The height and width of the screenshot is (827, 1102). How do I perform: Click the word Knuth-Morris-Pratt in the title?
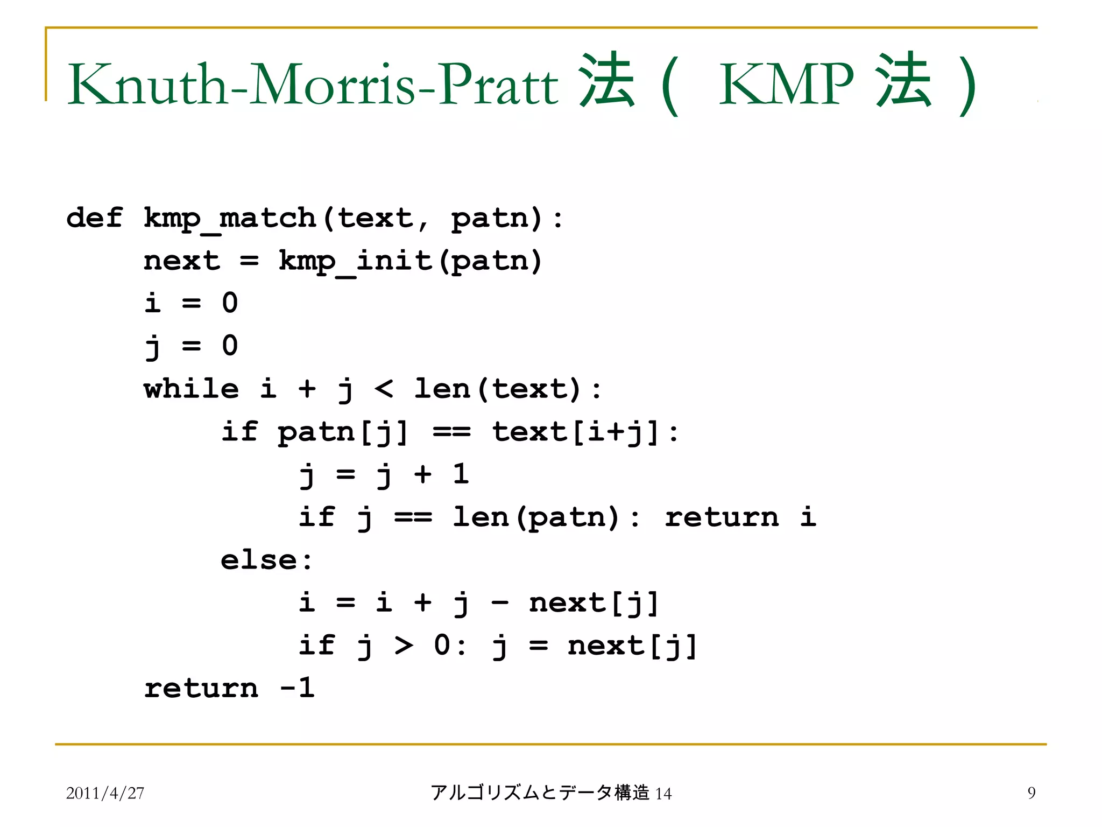[x=313, y=85]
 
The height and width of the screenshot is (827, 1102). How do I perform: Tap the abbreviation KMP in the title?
[x=786, y=85]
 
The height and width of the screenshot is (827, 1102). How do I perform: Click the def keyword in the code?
[x=95, y=218]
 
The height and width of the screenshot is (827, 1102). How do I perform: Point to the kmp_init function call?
[x=356, y=262]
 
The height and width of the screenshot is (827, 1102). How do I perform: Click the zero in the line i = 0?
[x=230, y=303]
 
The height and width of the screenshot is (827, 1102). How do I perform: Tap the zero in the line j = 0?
[x=230, y=346]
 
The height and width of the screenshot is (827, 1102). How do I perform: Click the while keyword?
[x=192, y=389]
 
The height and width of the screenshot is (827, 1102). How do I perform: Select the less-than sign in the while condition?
[x=384, y=389]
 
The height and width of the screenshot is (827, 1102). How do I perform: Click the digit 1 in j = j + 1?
[x=461, y=474]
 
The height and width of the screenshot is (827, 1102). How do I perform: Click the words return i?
[x=740, y=517]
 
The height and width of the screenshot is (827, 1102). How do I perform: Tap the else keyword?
[x=259, y=560]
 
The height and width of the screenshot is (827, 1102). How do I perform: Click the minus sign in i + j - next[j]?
[x=499, y=603]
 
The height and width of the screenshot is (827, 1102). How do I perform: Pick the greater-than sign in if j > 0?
[x=404, y=646]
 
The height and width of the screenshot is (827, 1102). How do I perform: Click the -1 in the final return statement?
[x=298, y=688]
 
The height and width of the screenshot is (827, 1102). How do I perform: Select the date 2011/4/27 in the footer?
[x=105, y=793]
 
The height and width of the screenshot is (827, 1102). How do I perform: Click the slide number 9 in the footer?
[x=1031, y=793]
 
